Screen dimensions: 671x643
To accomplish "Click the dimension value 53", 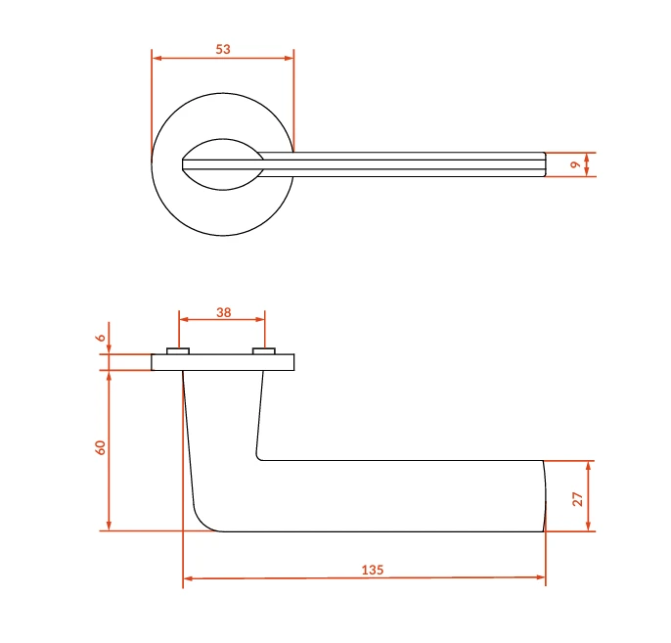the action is [x=223, y=49].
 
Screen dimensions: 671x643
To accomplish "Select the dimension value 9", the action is [x=575, y=164].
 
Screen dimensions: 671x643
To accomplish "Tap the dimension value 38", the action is [x=223, y=312].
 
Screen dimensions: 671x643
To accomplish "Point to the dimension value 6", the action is [x=101, y=338].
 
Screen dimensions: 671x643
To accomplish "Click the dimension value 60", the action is [x=100, y=447].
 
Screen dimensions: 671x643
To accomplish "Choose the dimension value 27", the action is [x=577, y=499].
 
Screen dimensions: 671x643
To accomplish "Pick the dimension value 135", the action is [x=373, y=570].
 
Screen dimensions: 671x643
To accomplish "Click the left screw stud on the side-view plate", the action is [x=178, y=351].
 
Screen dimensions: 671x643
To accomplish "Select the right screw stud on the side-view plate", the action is [x=264, y=351].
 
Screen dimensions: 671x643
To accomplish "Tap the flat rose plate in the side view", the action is [x=223, y=362].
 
